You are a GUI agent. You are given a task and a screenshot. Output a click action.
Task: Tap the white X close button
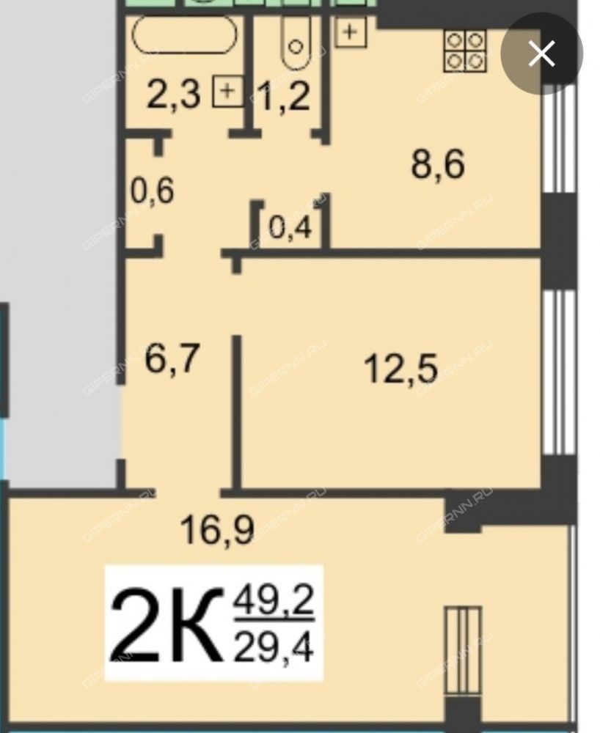541,54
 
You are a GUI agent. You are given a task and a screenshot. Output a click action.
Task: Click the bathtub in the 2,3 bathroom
184,34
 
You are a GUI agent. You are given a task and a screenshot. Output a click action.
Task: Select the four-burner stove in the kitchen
465,51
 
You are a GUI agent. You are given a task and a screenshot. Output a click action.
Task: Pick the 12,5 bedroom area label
400,369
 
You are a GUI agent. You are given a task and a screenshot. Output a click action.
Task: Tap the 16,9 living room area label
217,530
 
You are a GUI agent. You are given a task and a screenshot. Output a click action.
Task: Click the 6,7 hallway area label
172,358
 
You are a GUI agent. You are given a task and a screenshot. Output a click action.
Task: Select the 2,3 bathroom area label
174,95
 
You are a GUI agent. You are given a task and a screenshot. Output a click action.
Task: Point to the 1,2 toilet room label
285,97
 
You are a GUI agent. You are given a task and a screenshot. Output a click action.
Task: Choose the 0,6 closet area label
153,191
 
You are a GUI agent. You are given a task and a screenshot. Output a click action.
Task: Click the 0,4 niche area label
290,228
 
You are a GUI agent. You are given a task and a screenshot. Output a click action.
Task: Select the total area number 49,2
274,601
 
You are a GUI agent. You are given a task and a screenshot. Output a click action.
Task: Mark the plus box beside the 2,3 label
228,90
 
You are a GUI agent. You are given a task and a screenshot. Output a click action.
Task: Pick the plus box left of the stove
351,32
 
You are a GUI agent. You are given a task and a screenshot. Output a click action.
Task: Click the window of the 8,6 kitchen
558,138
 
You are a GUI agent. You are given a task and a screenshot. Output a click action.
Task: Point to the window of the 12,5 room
558,372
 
